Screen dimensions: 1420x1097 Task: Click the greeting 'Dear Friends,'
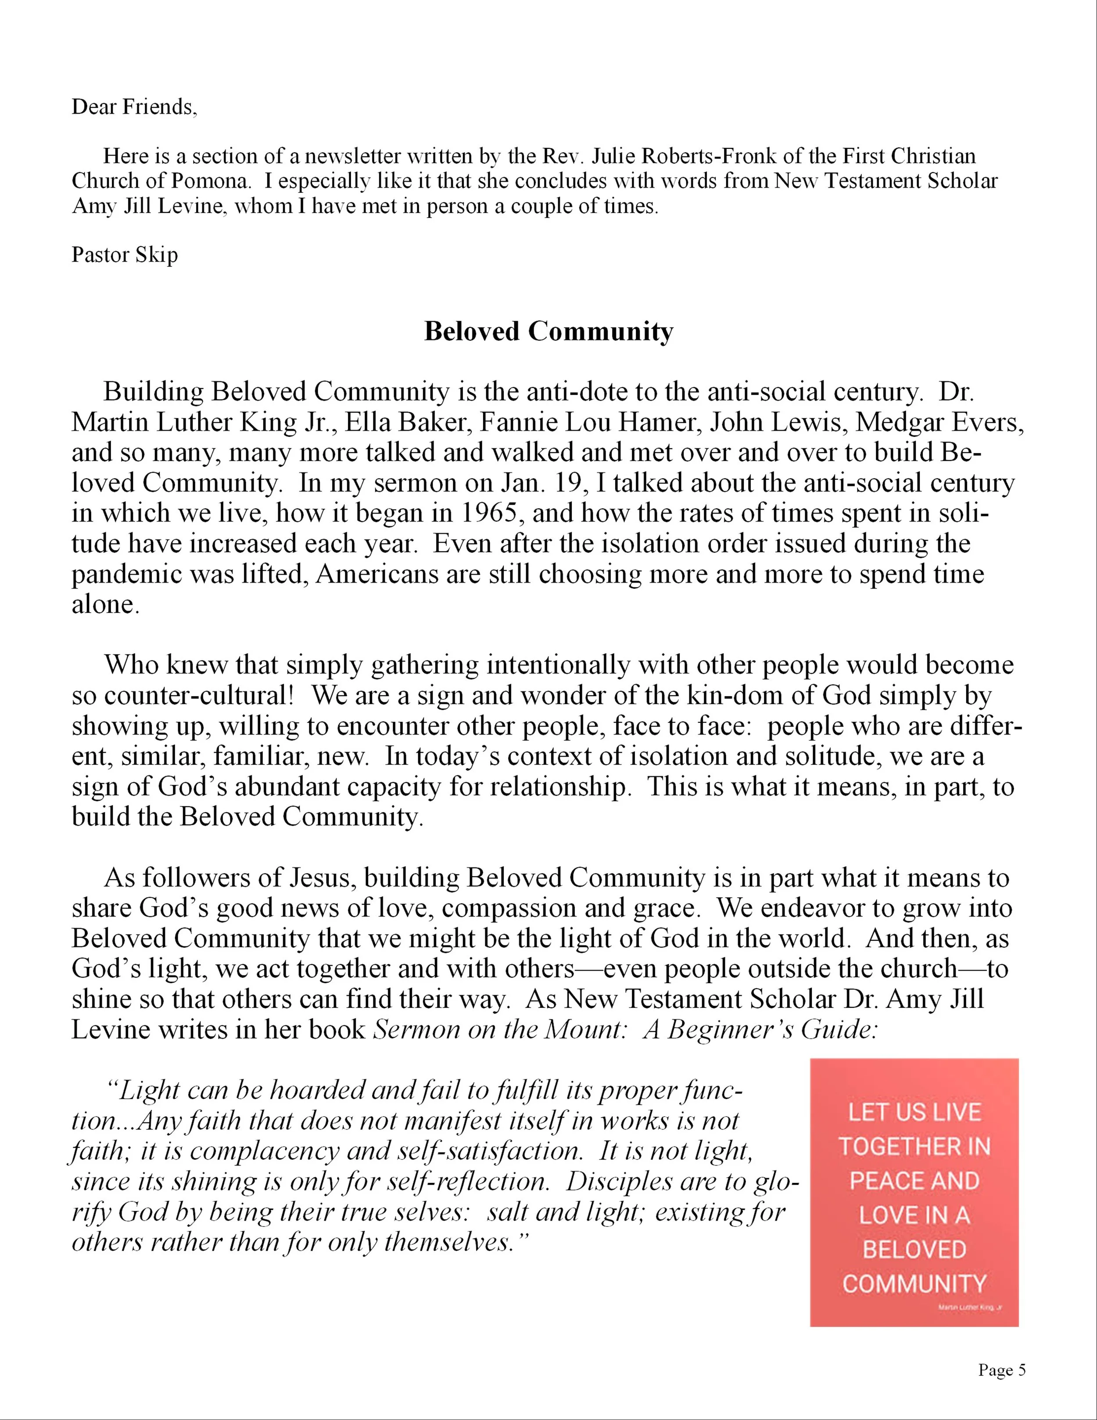pos(134,107)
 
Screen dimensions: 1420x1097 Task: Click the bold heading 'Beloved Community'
pos(548,331)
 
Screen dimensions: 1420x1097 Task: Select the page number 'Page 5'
pos(1001,1370)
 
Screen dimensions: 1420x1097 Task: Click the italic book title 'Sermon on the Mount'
pos(496,1030)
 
